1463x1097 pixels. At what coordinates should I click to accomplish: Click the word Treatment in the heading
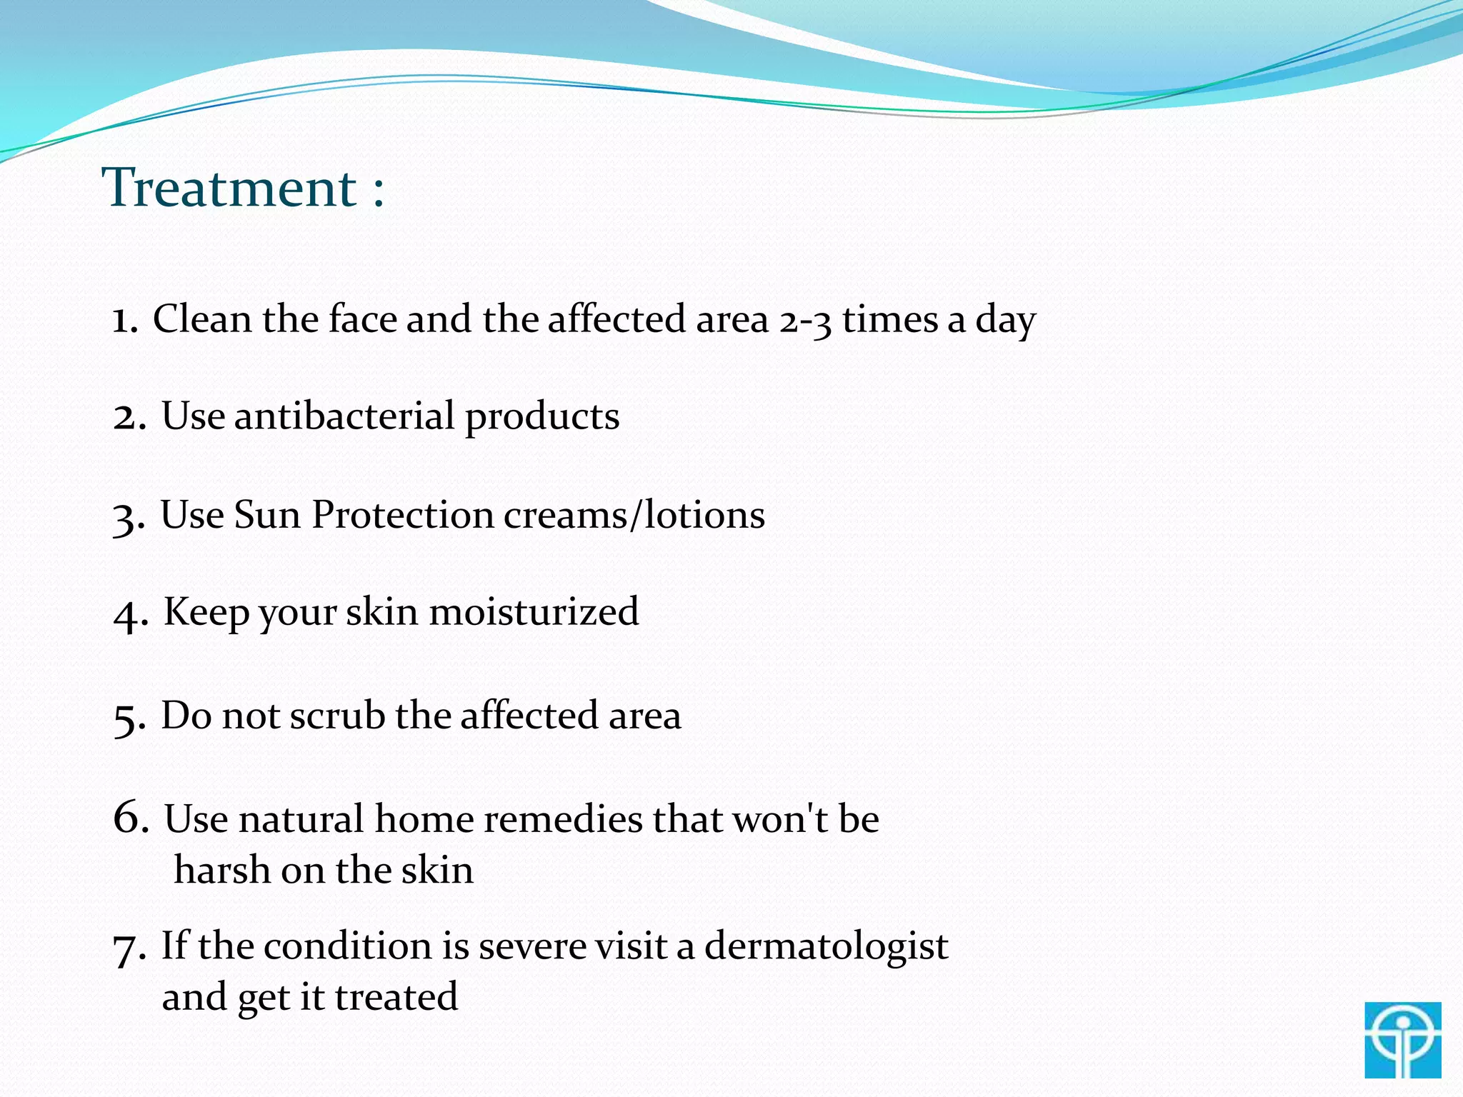point(229,188)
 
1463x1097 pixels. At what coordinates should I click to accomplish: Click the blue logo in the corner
point(1402,1039)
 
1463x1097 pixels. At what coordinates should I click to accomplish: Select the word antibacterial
point(344,416)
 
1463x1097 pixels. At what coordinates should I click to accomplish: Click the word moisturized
point(533,612)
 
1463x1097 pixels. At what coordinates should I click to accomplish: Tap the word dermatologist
point(826,947)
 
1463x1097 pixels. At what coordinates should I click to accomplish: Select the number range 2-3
point(805,321)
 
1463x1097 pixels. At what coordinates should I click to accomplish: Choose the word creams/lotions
point(634,515)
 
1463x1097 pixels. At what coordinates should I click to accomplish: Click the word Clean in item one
point(202,319)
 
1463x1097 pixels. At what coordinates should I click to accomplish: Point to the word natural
point(302,819)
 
